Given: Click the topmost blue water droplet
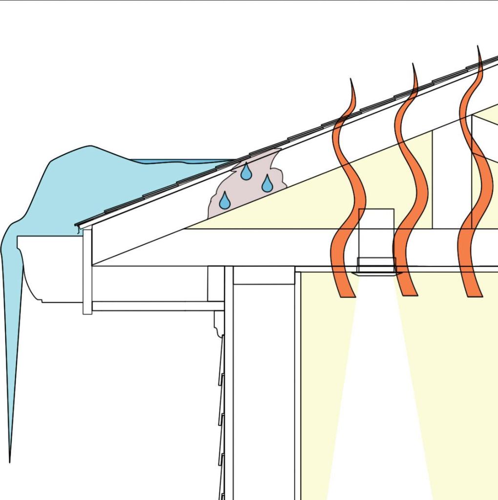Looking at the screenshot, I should click(x=246, y=172).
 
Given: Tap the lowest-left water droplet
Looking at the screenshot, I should click(x=224, y=200).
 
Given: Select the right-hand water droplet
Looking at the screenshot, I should click(x=267, y=184).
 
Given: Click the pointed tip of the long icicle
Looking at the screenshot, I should click(x=10, y=459).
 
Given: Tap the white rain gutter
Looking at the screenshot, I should click(x=49, y=269).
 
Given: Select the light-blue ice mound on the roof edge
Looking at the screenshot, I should click(x=73, y=186).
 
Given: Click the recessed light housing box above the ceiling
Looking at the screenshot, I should click(x=376, y=233).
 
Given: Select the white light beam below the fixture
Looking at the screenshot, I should click(x=376, y=391).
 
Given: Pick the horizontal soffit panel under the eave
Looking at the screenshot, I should click(x=156, y=306).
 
